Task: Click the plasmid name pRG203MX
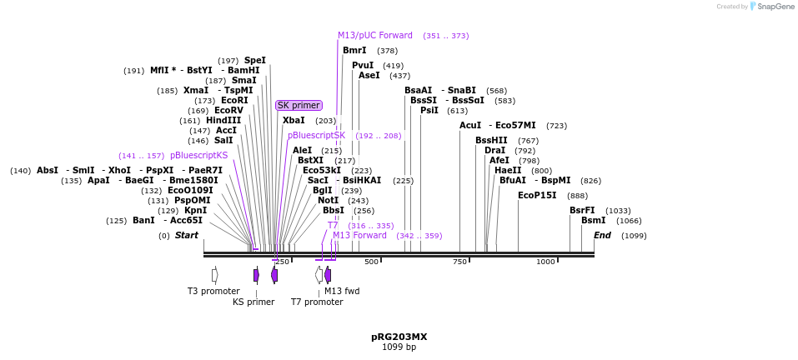click(x=399, y=337)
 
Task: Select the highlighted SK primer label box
click(x=299, y=106)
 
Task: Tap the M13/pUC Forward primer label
click(x=374, y=36)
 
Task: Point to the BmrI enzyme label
click(x=354, y=51)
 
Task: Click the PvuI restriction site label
click(x=363, y=66)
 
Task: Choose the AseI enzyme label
click(x=369, y=76)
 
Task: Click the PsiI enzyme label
click(x=429, y=111)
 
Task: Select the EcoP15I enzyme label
click(x=537, y=196)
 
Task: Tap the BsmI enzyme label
click(x=593, y=221)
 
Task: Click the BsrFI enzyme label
click(x=582, y=211)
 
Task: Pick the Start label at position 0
click(x=186, y=236)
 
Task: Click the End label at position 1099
click(x=602, y=236)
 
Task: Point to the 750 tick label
click(x=459, y=262)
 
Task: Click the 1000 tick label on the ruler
click(x=545, y=262)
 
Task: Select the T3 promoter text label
click(x=213, y=291)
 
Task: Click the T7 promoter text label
click(x=316, y=302)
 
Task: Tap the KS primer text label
click(x=253, y=302)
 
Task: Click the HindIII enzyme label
click(x=223, y=121)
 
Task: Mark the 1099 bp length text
click(x=399, y=347)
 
